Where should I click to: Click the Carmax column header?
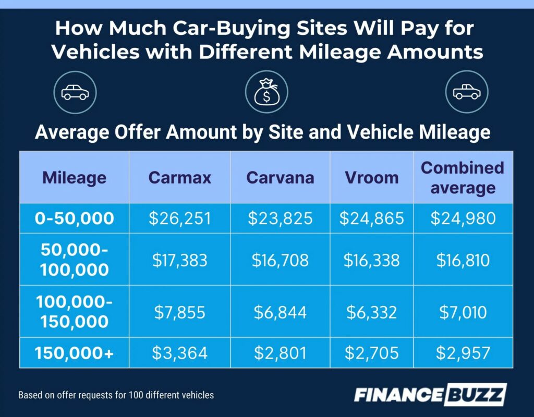tap(180, 178)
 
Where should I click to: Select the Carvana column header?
tap(280, 178)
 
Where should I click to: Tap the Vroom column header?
tap(371, 178)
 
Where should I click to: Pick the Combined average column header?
tap(463, 177)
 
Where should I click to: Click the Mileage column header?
tap(74, 178)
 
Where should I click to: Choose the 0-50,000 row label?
tap(74, 218)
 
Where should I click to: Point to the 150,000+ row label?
tap(74, 353)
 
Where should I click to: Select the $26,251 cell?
tap(180, 218)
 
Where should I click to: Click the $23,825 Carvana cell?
tap(280, 218)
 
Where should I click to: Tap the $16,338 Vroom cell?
tap(371, 260)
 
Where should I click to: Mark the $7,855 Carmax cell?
tap(180, 312)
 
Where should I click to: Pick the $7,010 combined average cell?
tap(463, 312)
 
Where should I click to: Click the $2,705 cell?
tap(371, 353)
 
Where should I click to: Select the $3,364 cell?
tap(180, 353)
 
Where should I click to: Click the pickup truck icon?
tap(466, 92)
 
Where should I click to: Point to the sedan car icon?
tap(75, 92)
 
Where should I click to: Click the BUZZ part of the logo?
tap(475, 395)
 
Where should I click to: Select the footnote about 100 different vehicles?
tap(116, 395)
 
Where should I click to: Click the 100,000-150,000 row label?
tap(74, 312)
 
